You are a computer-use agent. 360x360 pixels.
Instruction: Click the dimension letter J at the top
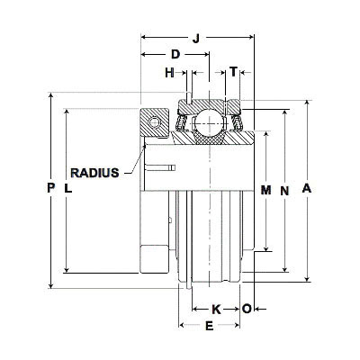click(196, 39)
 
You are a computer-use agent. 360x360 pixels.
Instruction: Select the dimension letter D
click(175, 54)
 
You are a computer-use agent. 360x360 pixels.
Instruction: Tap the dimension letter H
click(169, 73)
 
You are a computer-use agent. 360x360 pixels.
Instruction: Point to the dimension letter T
click(233, 72)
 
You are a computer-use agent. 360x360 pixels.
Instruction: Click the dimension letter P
click(51, 188)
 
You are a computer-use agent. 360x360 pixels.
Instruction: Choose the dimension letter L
click(68, 188)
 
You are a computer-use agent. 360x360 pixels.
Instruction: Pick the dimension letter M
click(265, 190)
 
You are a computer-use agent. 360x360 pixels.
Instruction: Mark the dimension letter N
click(284, 191)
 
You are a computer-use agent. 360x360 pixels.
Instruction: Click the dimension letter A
click(307, 188)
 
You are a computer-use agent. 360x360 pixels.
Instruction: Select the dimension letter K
click(216, 310)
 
